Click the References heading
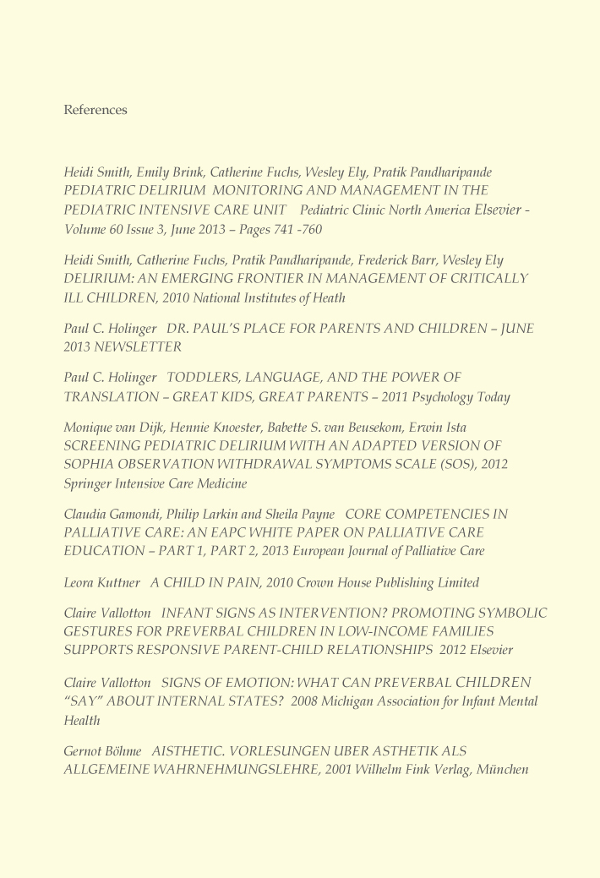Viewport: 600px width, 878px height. [95, 110]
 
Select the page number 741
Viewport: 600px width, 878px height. [268, 229]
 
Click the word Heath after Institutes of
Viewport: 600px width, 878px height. [328, 297]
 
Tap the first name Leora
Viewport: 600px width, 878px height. [81, 583]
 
